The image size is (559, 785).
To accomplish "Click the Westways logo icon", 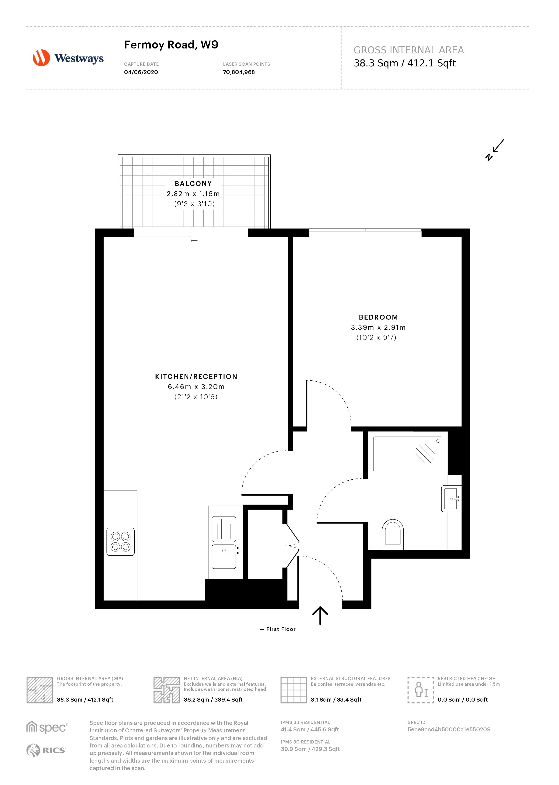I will (x=41, y=58).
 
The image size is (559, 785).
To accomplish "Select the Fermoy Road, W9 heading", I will (x=171, y=45).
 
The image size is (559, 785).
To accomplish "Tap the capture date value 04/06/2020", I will (x=141, y=72).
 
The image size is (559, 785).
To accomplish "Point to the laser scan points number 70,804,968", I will (x=239, y=72).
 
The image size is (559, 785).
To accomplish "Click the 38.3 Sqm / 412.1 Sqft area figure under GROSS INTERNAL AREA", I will (x=405, y=63).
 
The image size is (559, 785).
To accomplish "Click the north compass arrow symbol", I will (x=494, y=150).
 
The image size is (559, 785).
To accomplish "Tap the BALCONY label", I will (x=193, y=184).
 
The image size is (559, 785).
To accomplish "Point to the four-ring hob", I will (x=120, y=542).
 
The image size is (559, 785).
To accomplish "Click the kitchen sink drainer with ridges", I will (x=224, y=529).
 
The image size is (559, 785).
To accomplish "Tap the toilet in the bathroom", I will (x=392, y=535).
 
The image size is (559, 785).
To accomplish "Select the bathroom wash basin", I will (x=451, y=499).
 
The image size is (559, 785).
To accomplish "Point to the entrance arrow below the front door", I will (x=320, y=615).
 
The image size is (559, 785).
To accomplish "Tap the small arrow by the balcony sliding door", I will (x=194, y=240).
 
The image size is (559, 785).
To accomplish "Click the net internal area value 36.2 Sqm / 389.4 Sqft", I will (x=213, y=699).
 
